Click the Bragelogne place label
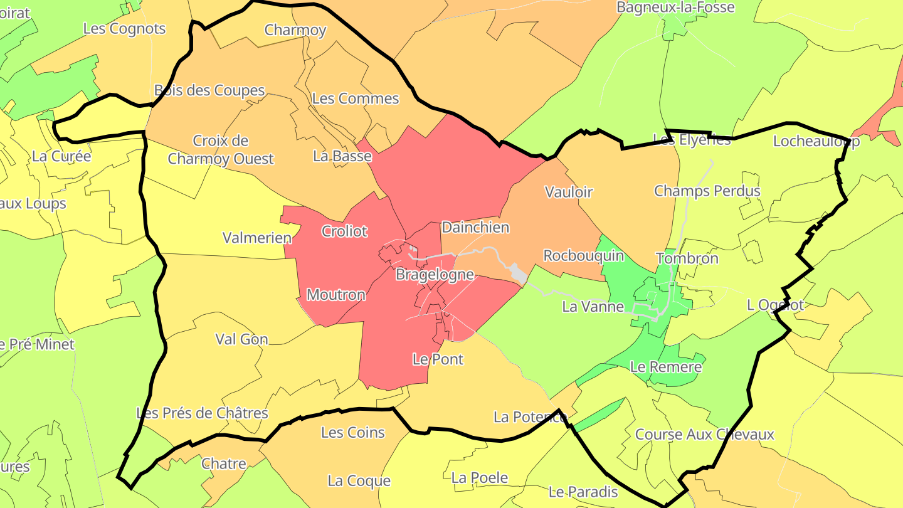pyautogui.click(x=435, y=275)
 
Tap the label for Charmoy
pyautogui.click(x=295, y=30)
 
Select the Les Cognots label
pyautogui.click(x=124, y=29)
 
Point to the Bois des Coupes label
pyautogui.click(x=209, y=90)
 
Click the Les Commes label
pyautogui.click(x=355, y=98)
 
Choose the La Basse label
pyautogui.click(x=342, y=156)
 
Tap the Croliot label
pyautogui.click(x=344, y=231)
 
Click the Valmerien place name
pyautogui.click(x=257, y=238)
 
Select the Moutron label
pyautogui.click(x=336, y=295)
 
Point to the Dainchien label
pyautogui.click(x=475, y=228)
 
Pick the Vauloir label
pyautogui.click(x=569, y=192)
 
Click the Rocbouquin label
pyautogui.click(x=583, y=256)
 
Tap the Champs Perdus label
pyautogui.click(x=707, y=191)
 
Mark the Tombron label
pyautogui.click(x=687, y=258)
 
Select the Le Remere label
pyautogui.click(x=665, y=367)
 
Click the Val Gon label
pyautogui.click(x=241, y=339)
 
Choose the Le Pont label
pyautogui.click(x=438, y=359)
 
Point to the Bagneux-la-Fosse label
pyautogui.click(x=675, y=8)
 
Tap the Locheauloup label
pyautogui.click(x=816, y=141)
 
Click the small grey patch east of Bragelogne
pyautogui.click(x=518, y=273)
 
